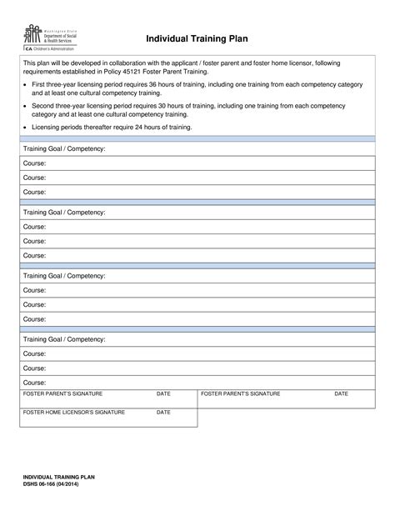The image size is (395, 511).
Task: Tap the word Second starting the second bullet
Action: [x=43, y=106]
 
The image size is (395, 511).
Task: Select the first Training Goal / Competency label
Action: [x=63, y=148]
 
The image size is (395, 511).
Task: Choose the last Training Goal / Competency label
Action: [x=63, y=339]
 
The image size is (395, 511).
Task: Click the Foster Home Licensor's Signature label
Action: [x=73, y=412]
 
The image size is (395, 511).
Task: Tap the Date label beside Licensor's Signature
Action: [x=163, y=412]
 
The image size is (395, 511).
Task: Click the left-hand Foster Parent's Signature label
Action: [x=62, y=393]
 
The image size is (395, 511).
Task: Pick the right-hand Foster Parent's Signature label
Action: [x=240, y=393]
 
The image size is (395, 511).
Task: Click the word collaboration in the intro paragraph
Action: [x=155, y=63]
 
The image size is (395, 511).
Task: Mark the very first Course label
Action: [x=34, y=163]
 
